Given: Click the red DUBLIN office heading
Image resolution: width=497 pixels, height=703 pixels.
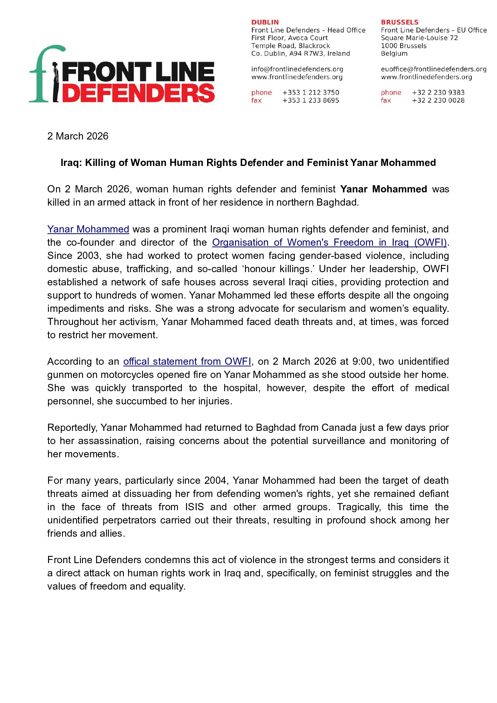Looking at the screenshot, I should [x=265, y=22].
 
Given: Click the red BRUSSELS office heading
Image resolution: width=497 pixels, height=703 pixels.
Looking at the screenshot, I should [x=399, y=22].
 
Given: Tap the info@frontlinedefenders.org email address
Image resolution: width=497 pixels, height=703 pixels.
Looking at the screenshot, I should [x=297, y=69].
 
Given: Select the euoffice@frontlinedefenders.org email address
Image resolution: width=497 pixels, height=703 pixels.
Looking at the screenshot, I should [x=433, y=69].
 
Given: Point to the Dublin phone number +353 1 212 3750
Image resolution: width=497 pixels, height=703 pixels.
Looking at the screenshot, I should [x=310, y=93].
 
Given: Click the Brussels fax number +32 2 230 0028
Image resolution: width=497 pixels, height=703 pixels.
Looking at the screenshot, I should [x=438, y=100].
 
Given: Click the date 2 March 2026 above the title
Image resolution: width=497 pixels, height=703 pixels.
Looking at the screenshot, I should [x=78, y=136].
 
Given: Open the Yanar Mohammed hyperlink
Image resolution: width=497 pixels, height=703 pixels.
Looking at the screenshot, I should [x=88, y=229].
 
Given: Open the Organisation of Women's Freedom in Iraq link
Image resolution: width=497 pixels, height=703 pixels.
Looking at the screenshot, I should [x=329, y=242].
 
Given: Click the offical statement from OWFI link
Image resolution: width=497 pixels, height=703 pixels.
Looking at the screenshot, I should [x=187, y=362].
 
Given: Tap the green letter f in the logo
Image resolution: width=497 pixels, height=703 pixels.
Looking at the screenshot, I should [x=44, y=74].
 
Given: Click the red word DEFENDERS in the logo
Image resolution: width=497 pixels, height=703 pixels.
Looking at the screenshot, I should [x=139, y=93].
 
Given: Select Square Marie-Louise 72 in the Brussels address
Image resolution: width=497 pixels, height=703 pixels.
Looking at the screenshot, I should [x=419, y=38].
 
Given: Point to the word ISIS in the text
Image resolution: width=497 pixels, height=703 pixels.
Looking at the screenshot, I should [x=194, y=507].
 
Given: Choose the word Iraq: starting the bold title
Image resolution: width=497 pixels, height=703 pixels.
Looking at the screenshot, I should [x=71, y=163].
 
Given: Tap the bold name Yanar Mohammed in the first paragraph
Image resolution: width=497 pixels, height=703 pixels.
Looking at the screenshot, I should [x=383, y=189].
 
